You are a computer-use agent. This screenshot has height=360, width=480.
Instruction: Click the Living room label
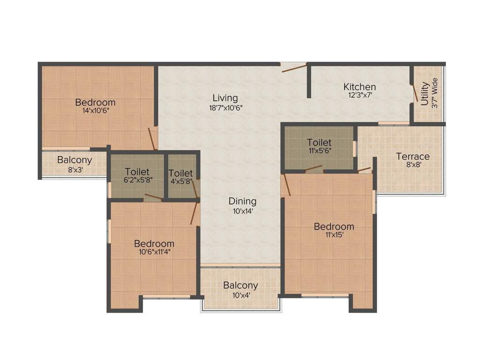tap(225, 98)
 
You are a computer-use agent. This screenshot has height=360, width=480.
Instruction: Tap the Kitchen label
tap(360, 87)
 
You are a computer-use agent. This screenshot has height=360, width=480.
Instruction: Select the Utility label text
tap(425, 94)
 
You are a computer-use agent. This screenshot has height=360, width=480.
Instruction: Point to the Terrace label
tap(412, 156)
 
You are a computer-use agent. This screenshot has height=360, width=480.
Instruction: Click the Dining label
tap(242, 201)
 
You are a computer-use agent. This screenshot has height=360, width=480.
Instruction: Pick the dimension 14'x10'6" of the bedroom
tap(95, 111)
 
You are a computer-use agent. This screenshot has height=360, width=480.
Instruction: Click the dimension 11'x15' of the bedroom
tap(334, 235)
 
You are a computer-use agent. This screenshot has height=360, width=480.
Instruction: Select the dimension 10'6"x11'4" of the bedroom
tap(154, 252)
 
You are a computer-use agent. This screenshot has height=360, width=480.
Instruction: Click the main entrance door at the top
tap(293, 67)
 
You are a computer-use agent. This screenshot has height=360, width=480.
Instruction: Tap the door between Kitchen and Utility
tap(414, 93)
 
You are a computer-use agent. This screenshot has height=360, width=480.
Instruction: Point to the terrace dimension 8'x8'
tap(412, 165)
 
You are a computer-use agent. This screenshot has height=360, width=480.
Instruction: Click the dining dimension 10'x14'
tap(242, 210)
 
